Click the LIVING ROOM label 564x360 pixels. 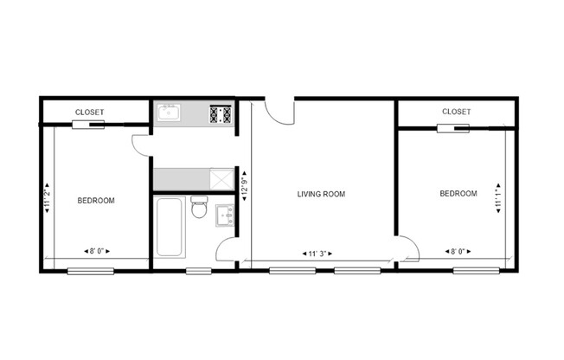pos(321,195)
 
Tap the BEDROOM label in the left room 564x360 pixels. pos(96,201)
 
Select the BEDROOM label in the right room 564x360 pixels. pos(458,194)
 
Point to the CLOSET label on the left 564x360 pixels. pos(90,112)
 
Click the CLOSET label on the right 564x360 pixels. pos(456,112)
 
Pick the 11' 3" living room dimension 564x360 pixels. pos(321,254)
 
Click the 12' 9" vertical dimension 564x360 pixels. pos(245,185)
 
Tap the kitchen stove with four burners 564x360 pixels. pos(221,113)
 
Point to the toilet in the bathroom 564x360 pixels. pos(198,209)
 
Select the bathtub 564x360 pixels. pos(169,227)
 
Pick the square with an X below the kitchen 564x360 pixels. pos(222,178)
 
